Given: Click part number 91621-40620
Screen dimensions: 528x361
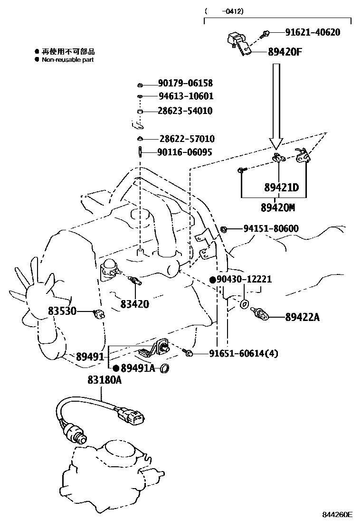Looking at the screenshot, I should pos(313,32).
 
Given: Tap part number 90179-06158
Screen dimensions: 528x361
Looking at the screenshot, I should pos(186,84).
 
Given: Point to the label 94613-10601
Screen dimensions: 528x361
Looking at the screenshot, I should pos(186,96).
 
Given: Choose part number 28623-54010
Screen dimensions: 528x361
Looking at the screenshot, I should pos(186,111).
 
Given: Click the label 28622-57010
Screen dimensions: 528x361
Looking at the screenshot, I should pos(187,139).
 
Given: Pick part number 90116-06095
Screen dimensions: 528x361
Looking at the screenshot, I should pos(186,152).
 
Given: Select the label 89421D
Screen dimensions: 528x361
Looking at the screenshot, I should pos(282,188).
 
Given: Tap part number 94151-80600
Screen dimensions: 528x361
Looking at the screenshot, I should pos(271,229).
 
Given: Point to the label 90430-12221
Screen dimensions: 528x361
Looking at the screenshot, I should pos(244,279).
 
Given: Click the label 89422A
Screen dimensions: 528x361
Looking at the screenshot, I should pos(302,317).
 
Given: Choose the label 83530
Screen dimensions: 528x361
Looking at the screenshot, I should pos(62,311).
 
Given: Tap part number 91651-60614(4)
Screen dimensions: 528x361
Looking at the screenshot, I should pos(243,353).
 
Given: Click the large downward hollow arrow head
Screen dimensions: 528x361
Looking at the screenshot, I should pos(276,142).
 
